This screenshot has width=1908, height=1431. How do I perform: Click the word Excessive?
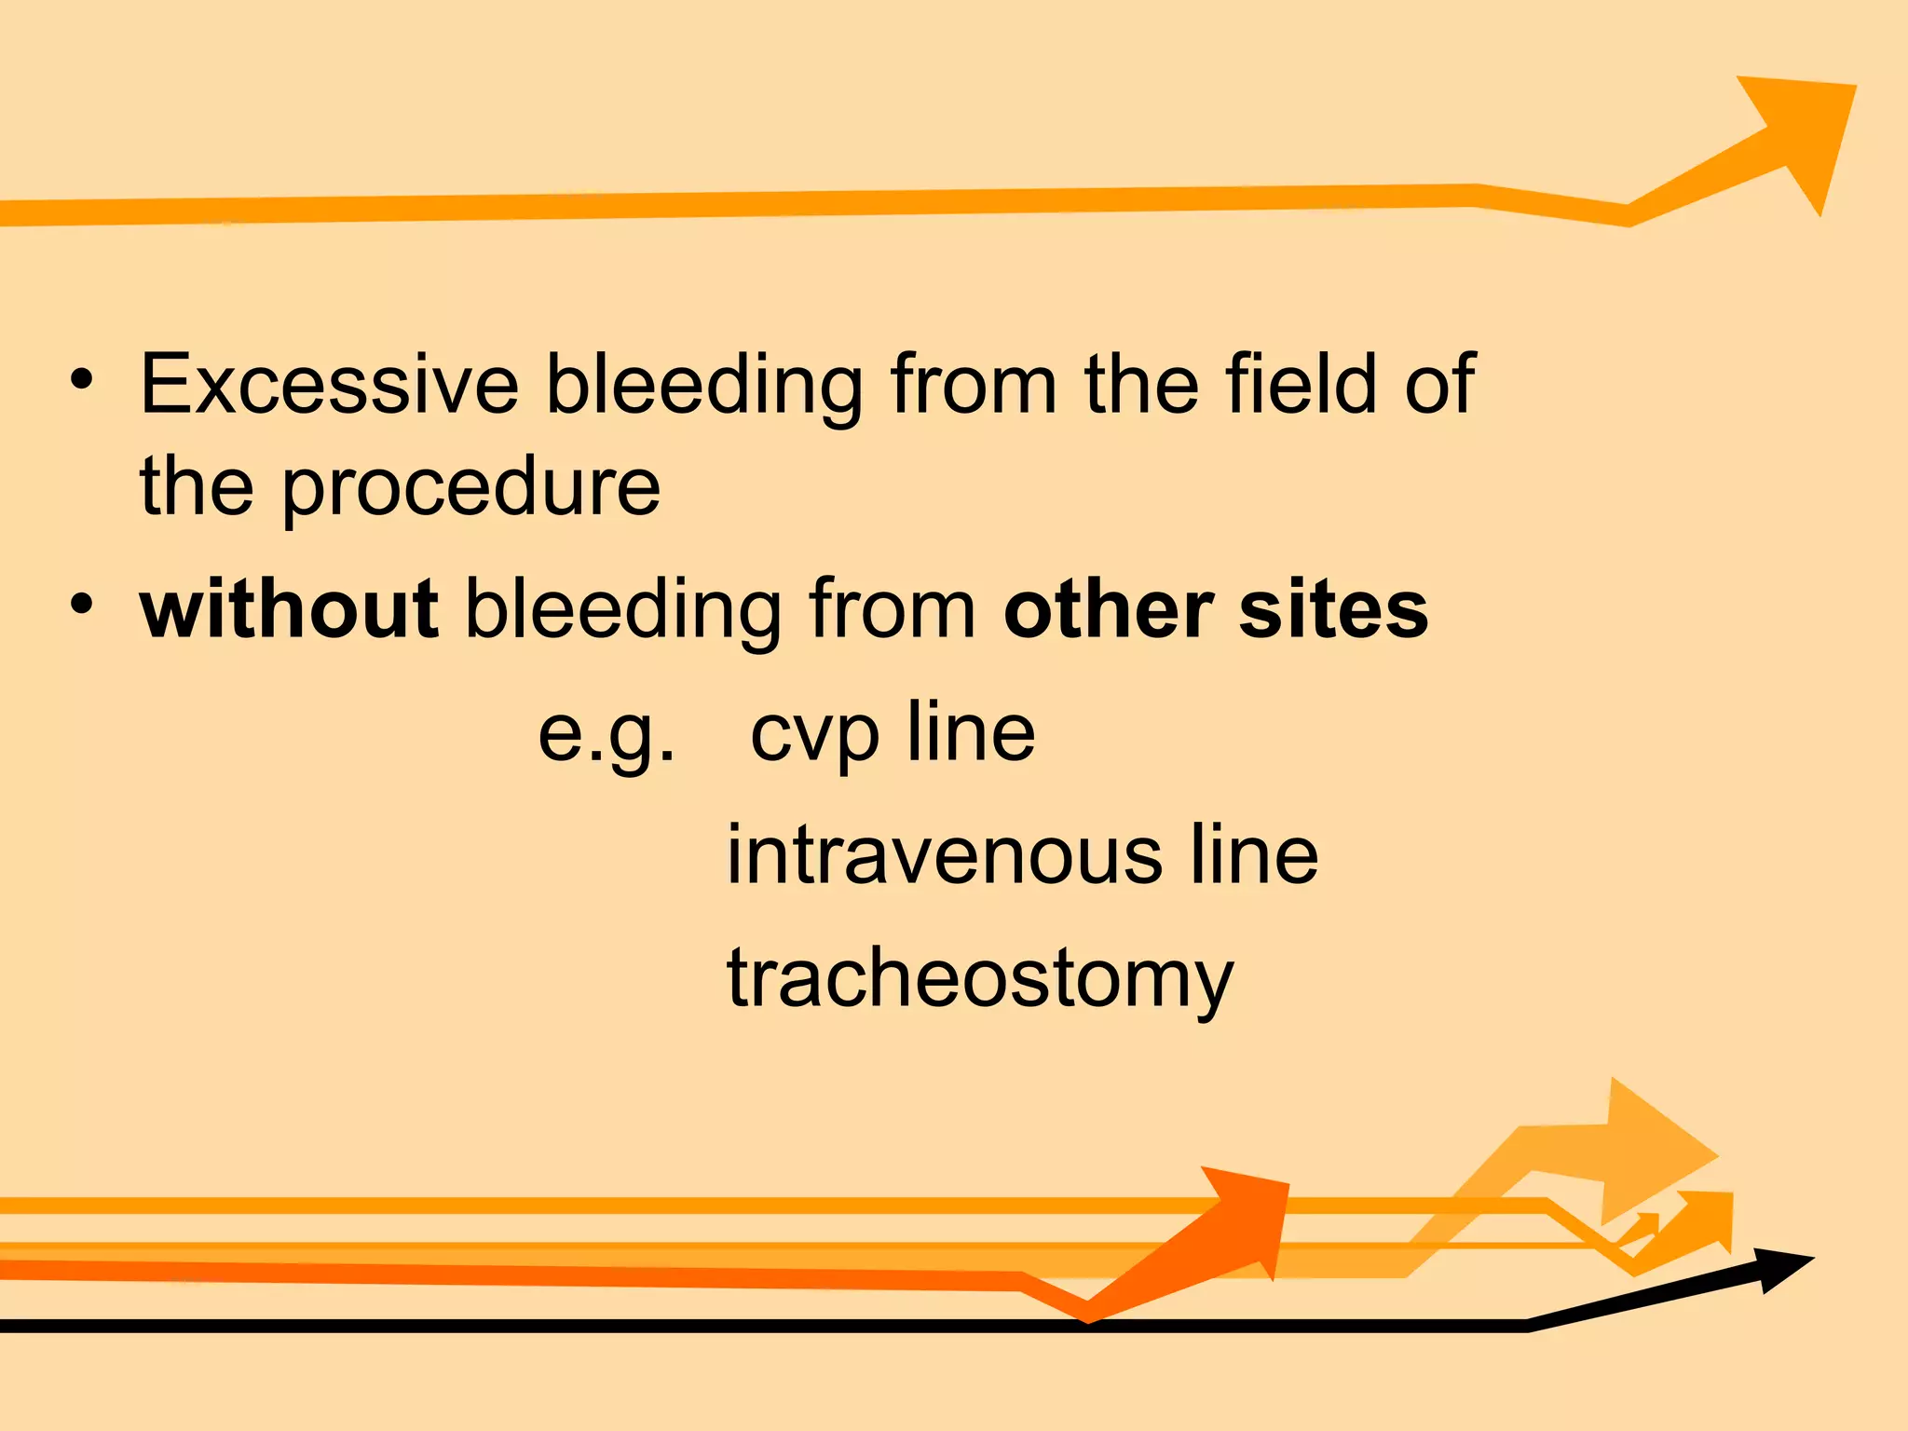click(329, 385)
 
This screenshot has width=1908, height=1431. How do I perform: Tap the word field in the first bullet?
click(1301, 385)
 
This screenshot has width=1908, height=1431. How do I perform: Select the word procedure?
click(471, 488)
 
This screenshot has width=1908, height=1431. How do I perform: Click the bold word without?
click(289, 610)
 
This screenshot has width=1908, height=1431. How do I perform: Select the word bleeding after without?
click(622, 612)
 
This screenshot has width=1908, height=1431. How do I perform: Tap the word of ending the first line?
click(1438, 385)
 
